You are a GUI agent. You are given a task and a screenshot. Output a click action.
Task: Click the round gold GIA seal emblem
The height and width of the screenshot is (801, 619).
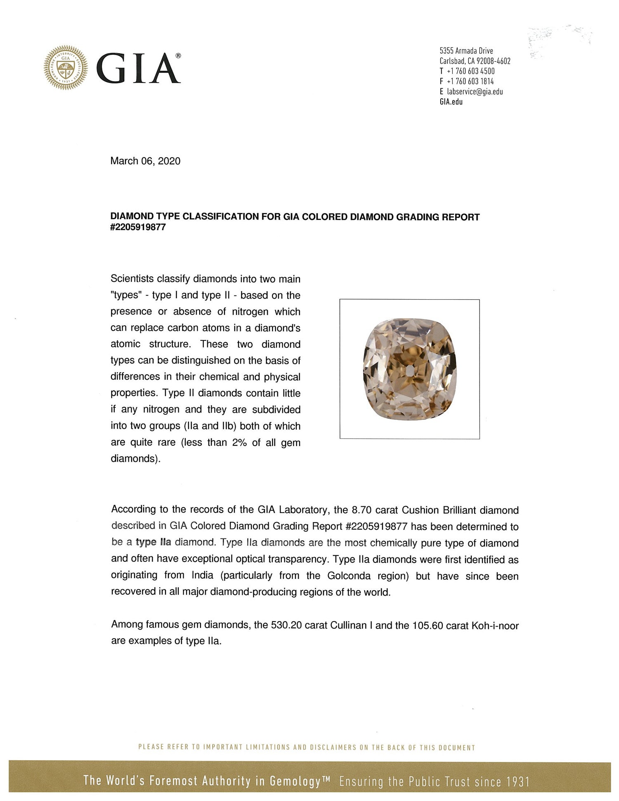(66, 68)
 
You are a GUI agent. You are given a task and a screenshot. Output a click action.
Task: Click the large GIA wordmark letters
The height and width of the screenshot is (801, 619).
(138, 69)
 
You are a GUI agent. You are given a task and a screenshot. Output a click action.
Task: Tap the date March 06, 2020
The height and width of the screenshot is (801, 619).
(145, 161)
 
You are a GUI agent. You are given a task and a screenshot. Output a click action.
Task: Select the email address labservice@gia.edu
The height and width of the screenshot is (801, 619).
(475, 92)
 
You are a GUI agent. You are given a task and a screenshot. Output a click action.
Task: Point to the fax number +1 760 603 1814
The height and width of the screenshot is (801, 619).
(470, 81)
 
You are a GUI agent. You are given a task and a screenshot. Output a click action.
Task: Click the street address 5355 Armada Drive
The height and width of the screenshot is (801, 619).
(466, 51)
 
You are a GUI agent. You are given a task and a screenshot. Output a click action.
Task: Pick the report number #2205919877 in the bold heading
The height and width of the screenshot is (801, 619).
(138, 227)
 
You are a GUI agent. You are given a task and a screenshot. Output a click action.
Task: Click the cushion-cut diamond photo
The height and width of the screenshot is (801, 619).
(409, 369)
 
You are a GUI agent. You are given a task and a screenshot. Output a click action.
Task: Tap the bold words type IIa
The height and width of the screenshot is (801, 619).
(153, 542)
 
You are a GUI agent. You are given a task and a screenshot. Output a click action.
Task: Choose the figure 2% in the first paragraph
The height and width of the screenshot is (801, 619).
(239, 442)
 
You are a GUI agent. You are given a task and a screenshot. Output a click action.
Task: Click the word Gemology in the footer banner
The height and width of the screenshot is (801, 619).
(295, 781)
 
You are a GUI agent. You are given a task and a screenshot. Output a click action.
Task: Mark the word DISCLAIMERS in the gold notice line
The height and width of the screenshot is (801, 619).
(333, 747)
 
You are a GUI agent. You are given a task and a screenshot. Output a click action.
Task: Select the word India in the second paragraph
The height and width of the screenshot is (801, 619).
(202, 575)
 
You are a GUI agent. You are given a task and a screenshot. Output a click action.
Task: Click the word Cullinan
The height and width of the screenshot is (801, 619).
(348, 625)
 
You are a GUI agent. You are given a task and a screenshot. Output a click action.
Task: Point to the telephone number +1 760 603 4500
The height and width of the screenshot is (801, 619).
(470, 71)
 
